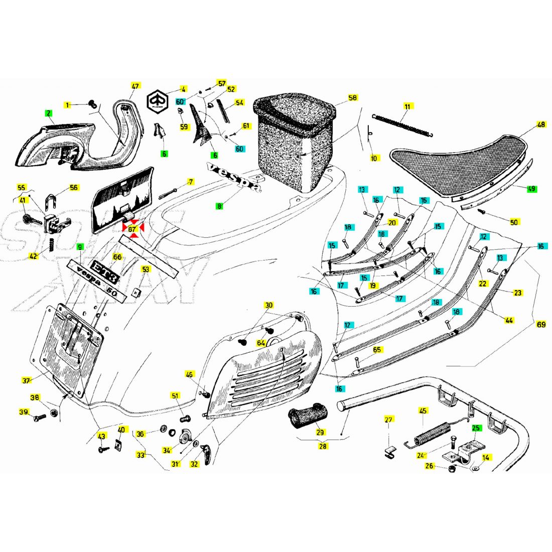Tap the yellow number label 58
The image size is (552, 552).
click(353, 98)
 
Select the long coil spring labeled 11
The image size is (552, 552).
click(401, 125)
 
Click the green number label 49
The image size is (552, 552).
click(531, 189)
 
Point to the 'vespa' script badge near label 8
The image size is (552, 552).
click(234, 178)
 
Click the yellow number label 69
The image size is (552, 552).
click(541, 325)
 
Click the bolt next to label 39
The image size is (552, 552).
click(41, 417)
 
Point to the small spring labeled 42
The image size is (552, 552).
click(51, 245)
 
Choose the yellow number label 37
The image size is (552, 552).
click(26, 381)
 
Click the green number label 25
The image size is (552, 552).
click(476, 428)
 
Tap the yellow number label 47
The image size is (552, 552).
click(134, 86)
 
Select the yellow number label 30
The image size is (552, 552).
click(269, 305)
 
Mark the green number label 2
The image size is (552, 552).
click(49, 113)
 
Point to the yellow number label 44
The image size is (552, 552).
click(509, 320)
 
